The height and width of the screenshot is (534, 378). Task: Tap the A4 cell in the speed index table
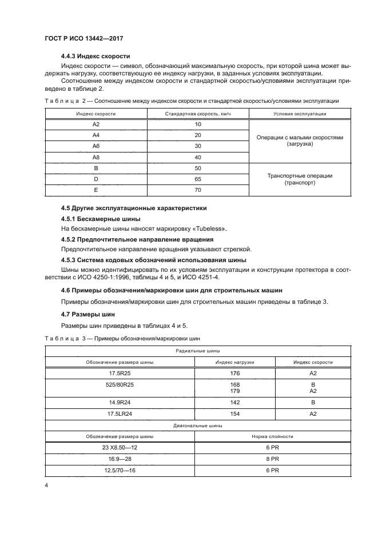pos(96,135)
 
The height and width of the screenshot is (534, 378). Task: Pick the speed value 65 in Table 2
pos(198,179)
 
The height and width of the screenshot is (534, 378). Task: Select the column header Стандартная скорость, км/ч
pos(198,114)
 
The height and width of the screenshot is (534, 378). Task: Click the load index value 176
pos(234,372)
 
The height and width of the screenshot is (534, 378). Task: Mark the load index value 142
pos(234,402)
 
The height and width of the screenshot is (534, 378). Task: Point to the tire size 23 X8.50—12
pos(120,447)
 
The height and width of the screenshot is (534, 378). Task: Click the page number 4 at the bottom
pos(46,485)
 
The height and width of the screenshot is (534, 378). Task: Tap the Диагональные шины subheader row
pos(197,425)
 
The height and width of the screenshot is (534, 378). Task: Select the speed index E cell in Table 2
pos(96,190)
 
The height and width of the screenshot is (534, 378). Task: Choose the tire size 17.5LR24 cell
pos(120,413)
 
